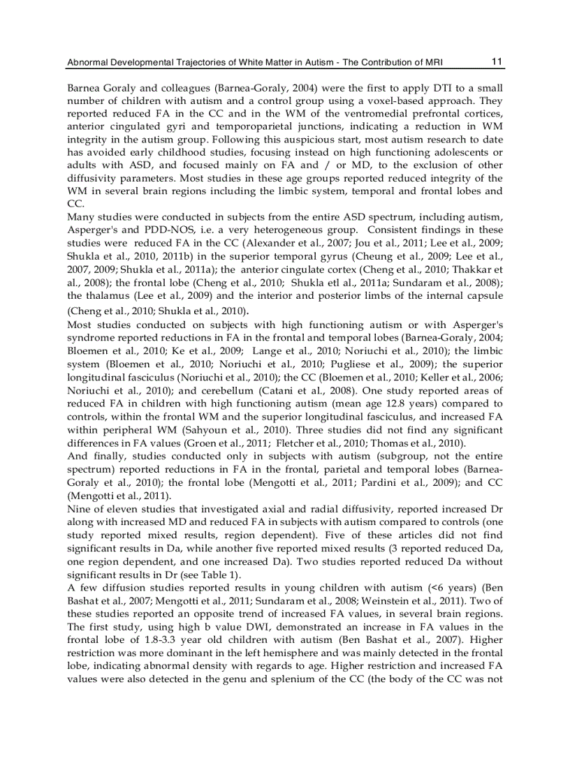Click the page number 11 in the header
click(x=497, y=61)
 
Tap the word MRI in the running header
click(x=433, y=62)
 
